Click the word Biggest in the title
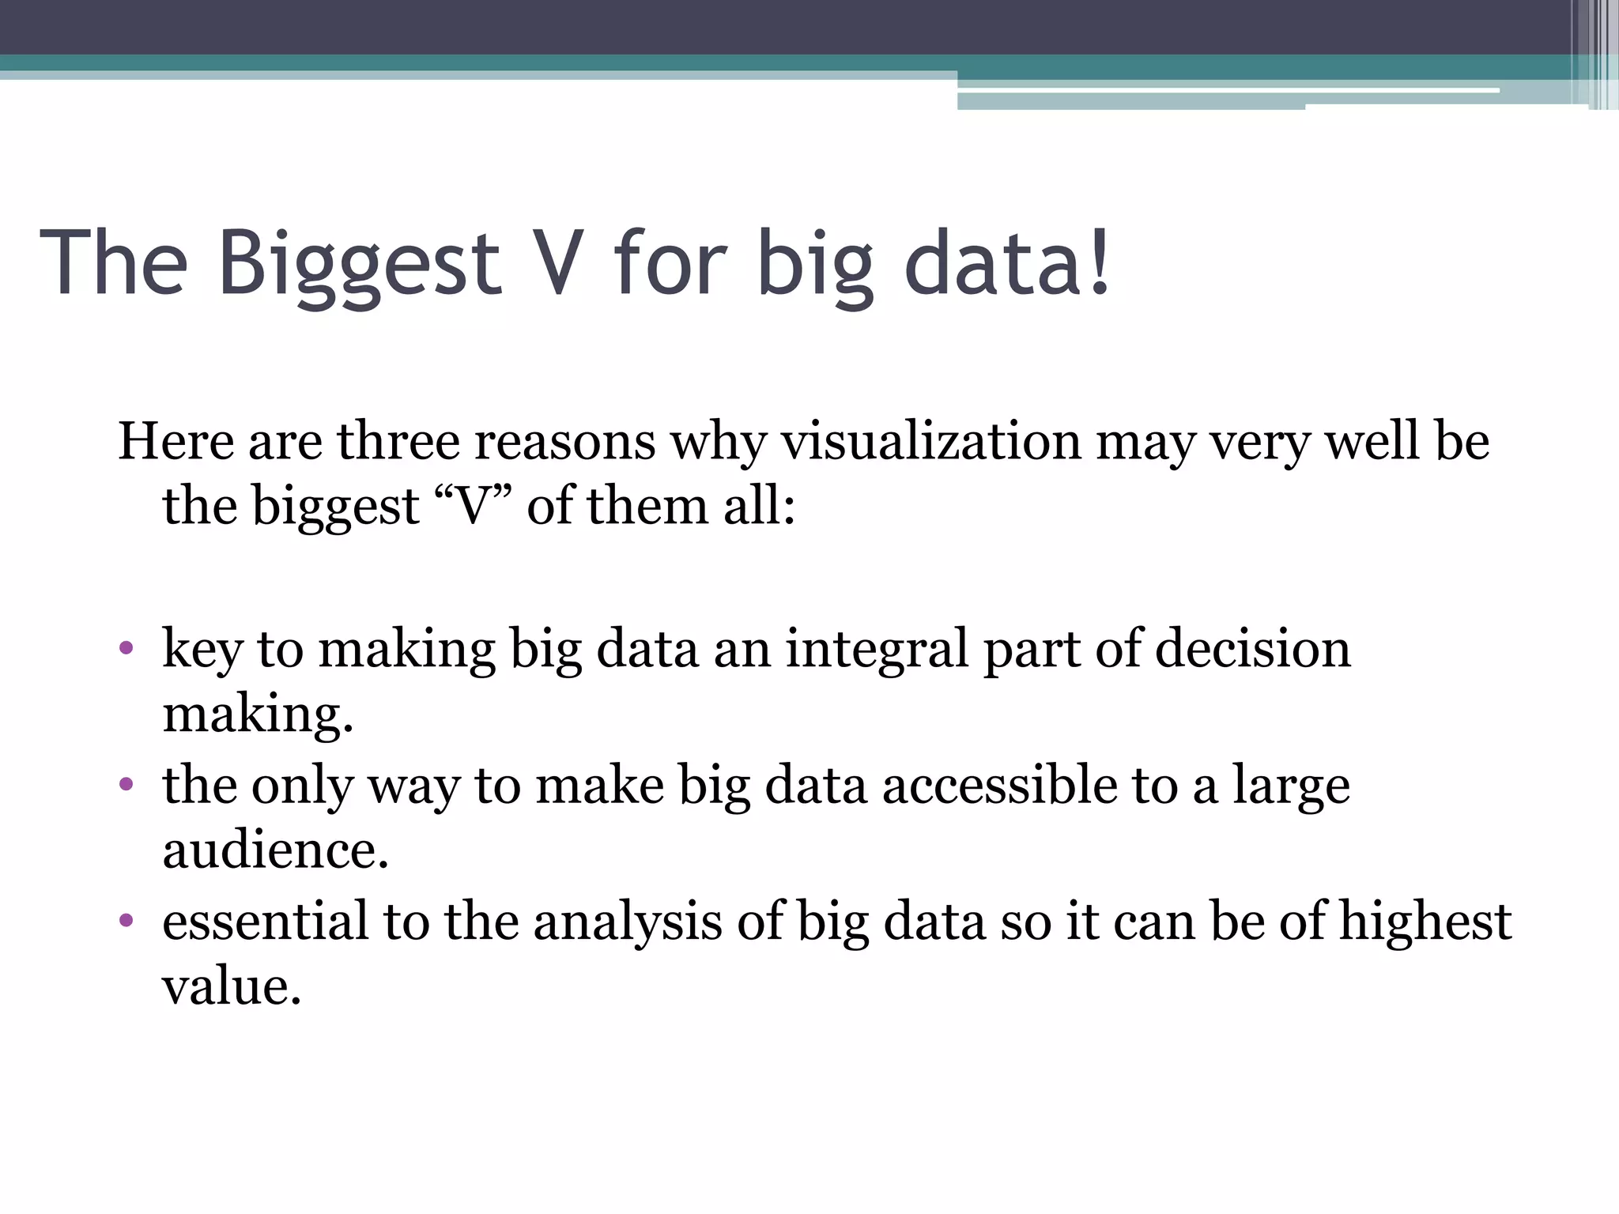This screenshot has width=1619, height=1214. click(x=359, y=265)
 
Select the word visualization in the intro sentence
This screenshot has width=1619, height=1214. click(x=930, y=442)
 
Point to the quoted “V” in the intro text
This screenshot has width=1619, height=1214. click(x=474, y=507)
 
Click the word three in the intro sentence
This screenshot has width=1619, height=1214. click(x=398, y=442)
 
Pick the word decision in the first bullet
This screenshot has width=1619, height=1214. click(x=1252, y=650)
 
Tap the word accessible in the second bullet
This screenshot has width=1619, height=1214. click(x=999, y=786)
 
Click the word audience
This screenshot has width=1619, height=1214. click(x=275, y=851)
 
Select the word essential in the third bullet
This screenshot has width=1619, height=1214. click(x=265, y=922)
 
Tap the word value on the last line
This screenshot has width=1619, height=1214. click(x=230, y=988)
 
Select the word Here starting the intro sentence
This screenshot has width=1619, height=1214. click(x=175, y=442)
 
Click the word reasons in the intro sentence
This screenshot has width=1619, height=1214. click(x=564, y=443)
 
